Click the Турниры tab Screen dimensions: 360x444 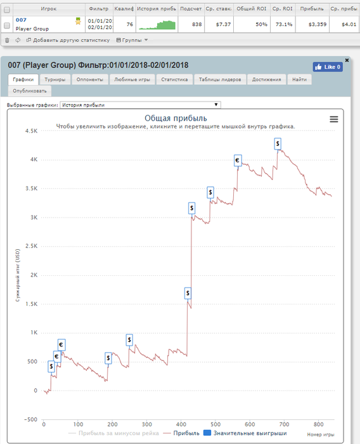click(x=55, y=79)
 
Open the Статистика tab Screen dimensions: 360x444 click(x=174, y=79)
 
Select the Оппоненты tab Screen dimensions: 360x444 click(x=90, y=79)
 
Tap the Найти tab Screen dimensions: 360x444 click(x=299, y=79)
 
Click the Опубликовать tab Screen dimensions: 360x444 click(x=30, y=91)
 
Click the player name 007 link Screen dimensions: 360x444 click(x=21, y=20)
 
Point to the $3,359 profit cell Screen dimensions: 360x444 click(x=318, y=24)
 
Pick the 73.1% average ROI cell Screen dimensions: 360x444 click(x=284, y=24)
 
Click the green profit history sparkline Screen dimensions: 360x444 click(x=157, y=25)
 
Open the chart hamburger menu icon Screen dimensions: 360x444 click(x=334, y=119)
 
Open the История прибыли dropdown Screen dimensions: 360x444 click(x=140, y=105)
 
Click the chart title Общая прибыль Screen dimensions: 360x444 click(x=176, y=118)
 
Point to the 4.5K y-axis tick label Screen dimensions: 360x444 click(x=32, y=131)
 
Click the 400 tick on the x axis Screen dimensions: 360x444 click(x=181, y=424)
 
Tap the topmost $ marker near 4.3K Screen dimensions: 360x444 click(x=278, y=144)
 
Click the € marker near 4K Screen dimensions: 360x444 click(x=238, y=160)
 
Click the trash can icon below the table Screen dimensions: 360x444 click(x=8, y=40)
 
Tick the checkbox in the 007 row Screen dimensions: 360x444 click(x=7, y=25)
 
